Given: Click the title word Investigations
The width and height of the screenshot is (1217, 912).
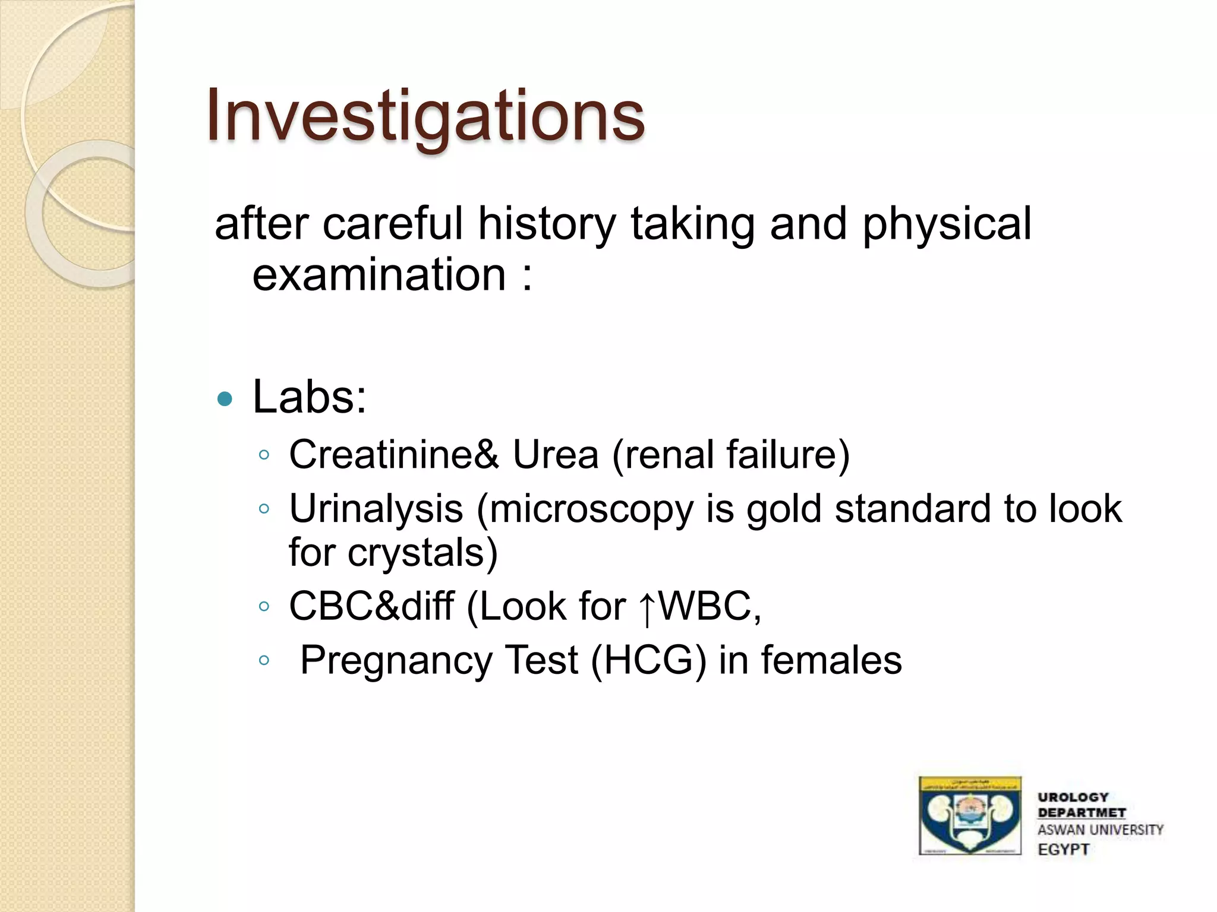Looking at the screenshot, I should [425, 116].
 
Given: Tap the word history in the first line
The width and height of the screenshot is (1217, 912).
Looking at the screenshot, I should [547, 224].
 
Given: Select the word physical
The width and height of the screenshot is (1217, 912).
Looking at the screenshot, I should [947, 224].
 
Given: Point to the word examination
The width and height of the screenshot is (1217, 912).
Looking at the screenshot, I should [379, 275].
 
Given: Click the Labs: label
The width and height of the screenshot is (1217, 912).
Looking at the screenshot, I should [310, 397].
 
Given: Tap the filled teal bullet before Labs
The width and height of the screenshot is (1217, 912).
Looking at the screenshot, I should [225, 399].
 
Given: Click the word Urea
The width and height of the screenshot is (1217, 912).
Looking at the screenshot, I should [555, 455].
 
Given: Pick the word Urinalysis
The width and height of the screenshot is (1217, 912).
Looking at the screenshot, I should [376, 509].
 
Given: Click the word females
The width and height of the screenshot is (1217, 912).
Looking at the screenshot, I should [831, 661].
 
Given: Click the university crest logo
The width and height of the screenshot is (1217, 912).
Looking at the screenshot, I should [970, 816].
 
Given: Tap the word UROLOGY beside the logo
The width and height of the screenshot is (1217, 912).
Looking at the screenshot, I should [1073, 797].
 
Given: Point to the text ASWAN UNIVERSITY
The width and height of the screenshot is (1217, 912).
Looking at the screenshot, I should [1101, 830].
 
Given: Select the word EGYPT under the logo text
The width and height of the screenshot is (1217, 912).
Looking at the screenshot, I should [1064, 850].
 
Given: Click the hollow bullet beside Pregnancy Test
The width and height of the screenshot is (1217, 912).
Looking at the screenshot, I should [264, 660].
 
